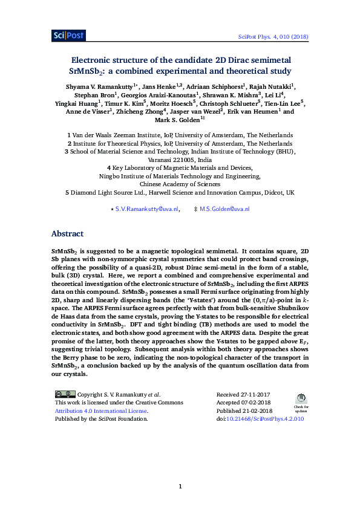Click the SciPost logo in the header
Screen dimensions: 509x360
tap(68, 36)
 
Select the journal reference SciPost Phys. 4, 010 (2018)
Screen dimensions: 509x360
tap(274, 37)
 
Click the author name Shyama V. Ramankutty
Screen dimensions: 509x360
tap(101, 87)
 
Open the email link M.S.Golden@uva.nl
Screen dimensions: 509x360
tap(224, 209)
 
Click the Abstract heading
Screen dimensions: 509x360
tap(67, 234)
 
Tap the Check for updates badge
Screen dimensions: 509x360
tap(301, 400)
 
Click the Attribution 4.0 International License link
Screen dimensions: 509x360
tap(101, 410)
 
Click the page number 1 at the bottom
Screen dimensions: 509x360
tap(180, 486)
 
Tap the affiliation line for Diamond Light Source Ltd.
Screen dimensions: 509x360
tap(180, 192)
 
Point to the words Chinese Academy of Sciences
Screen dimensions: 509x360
tap(180, 184)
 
